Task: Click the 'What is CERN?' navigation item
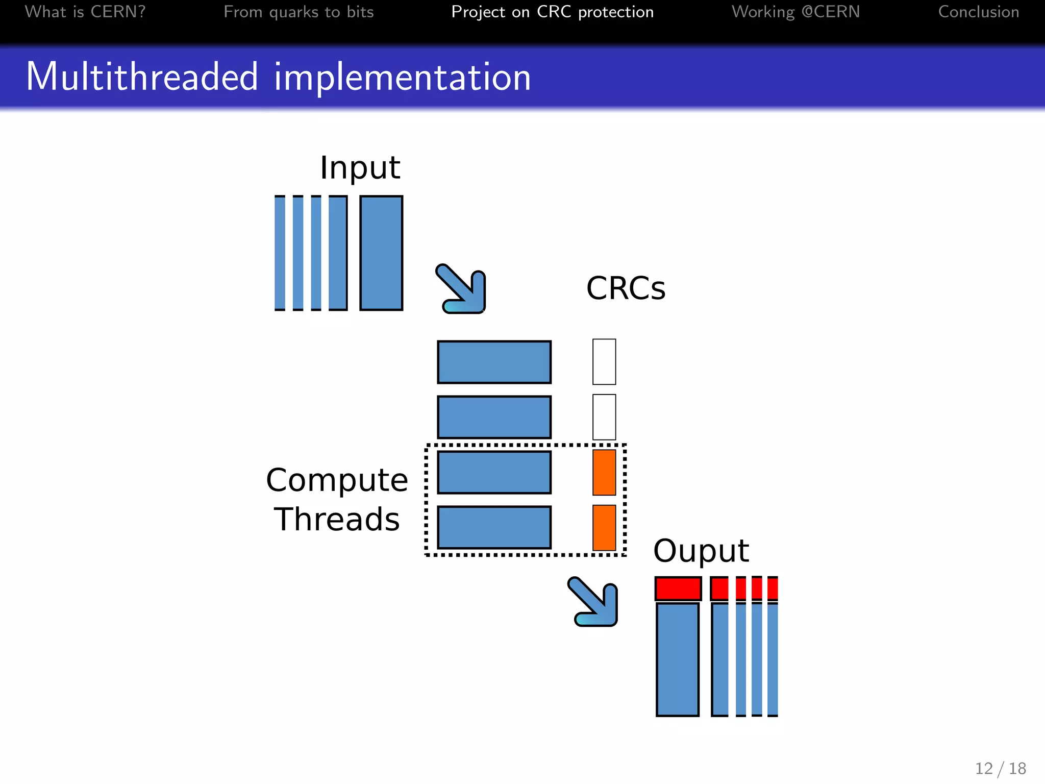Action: click(85, 12)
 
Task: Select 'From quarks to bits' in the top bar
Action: click(298, 12)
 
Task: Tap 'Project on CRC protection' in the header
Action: click(552, 12)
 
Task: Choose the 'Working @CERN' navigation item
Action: click(795, 12)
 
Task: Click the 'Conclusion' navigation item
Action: click(978, 12)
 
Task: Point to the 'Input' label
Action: click(360, 167)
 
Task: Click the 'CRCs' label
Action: click(626, 288)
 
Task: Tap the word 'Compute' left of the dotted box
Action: click(337, 480)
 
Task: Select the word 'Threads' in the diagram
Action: click(337, 520)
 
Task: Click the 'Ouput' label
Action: click(701, 551)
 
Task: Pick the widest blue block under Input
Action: click(381, 253)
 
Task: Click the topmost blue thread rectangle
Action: click(494, 362)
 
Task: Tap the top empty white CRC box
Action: click(604, 362)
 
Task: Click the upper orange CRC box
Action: click(604, 472)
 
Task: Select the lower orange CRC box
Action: click(604, 528)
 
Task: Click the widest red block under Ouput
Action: click(678, 589)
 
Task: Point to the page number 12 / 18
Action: click(1000, 768)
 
